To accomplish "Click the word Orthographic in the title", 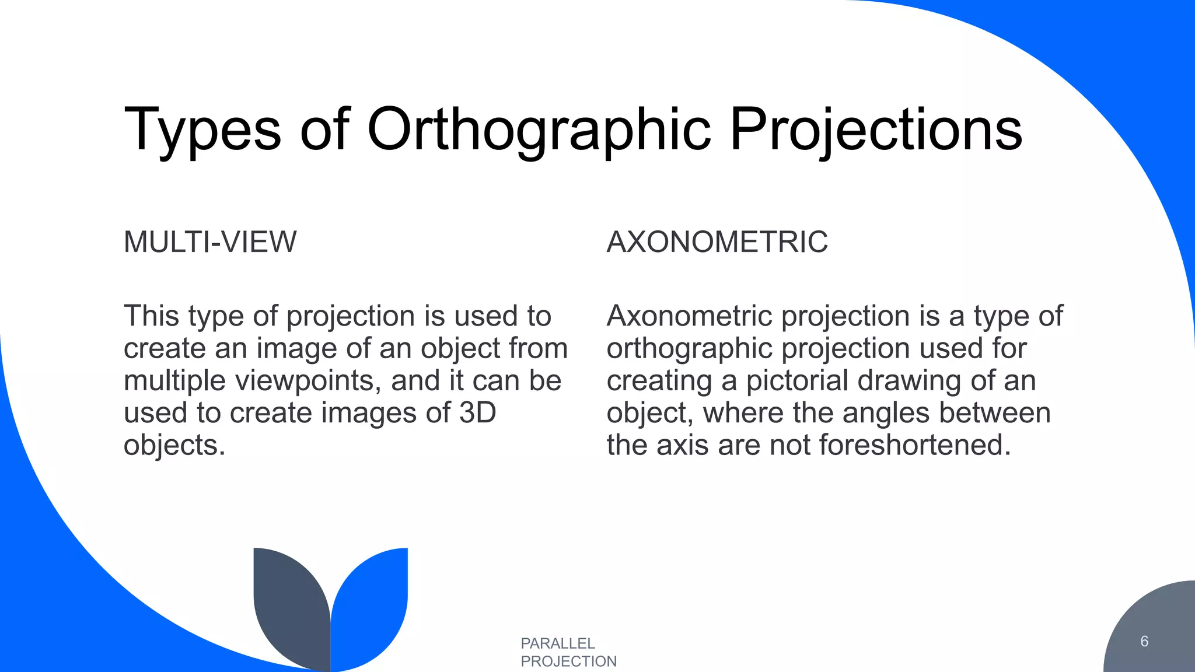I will (539, 129).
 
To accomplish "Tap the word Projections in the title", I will (875, 129).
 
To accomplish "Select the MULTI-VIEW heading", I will (210, 242).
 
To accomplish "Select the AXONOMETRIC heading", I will (717, 242).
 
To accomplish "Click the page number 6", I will (1144, 642).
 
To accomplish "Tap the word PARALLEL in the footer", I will (558, 643).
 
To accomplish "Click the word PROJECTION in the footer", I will (568, 661).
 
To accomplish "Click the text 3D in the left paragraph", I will (477, 413).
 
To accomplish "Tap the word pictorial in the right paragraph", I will (797, 381).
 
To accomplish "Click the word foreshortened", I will (914, 446).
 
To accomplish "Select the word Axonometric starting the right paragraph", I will (690, 316).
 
